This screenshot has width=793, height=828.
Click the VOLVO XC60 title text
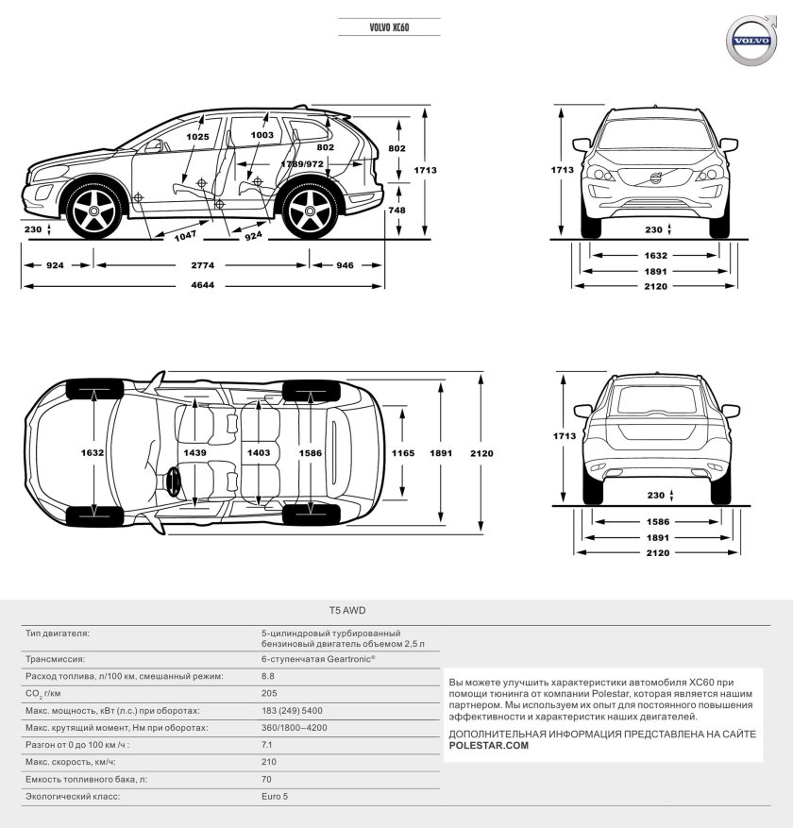tap(390, 29)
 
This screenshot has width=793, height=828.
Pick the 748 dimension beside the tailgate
tap(396, 210)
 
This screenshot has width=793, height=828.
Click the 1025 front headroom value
tap(197, 137)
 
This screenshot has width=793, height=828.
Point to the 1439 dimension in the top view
tap(195, 453)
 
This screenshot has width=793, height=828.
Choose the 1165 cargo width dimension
tap(403, 453)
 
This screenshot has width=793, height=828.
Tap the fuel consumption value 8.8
tap(267, 676)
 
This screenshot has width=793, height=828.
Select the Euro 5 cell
tap(274, 797)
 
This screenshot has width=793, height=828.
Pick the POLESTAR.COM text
tap(489, 745)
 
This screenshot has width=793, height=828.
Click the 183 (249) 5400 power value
tap(292, 710)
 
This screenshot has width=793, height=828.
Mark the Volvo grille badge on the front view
tap(656, 179)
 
